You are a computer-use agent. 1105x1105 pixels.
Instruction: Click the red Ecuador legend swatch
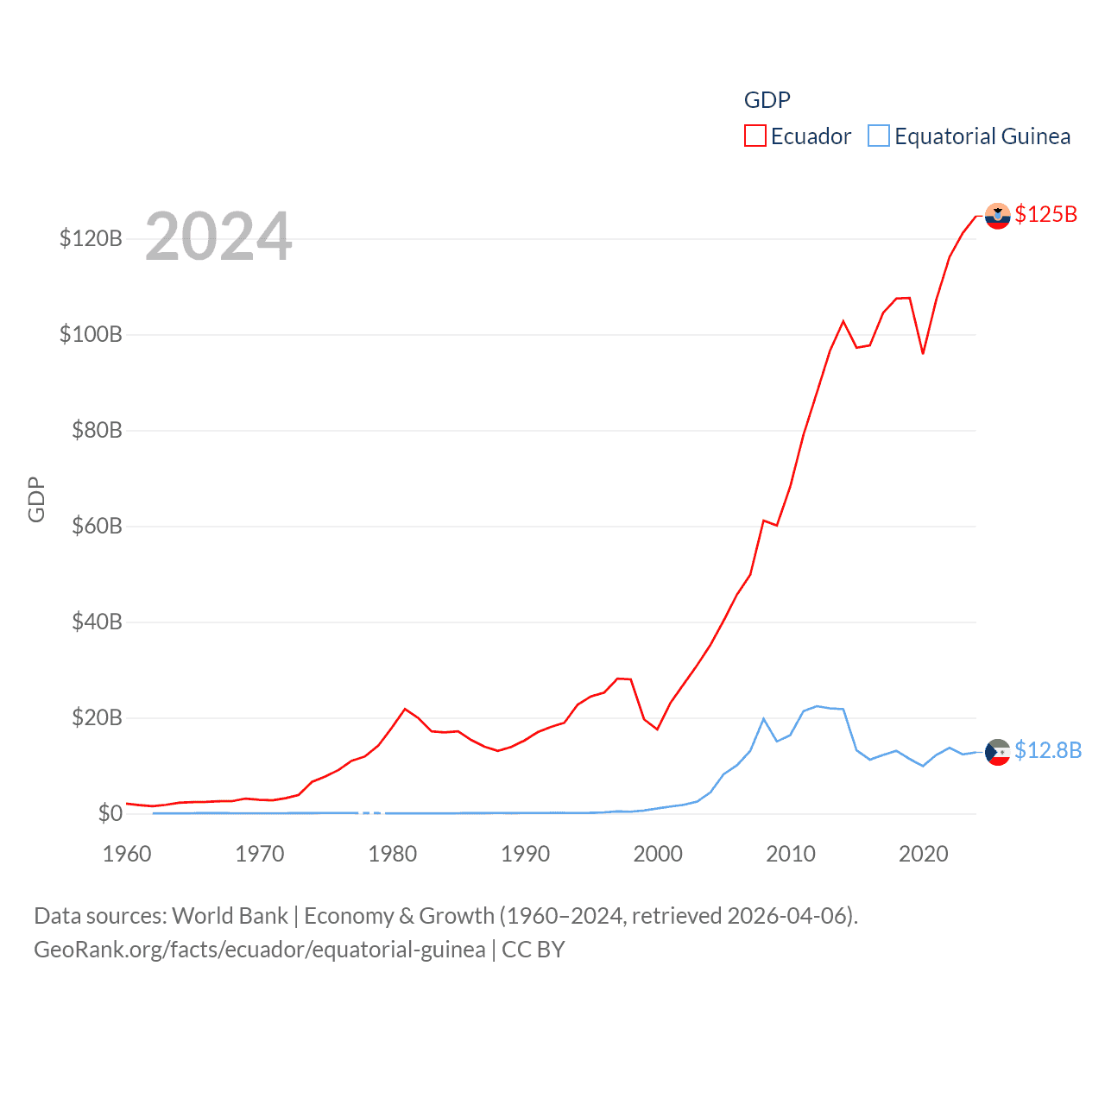click(x=755, y=136)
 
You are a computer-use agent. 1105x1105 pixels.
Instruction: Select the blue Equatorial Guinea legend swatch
click(x=878, y=136)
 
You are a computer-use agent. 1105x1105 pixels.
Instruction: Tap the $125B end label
click(x=1045, y=214)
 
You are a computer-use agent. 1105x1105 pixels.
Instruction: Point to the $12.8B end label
click(x=1047, y=750)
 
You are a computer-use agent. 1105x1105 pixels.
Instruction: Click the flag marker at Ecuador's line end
click(x=997, y=216)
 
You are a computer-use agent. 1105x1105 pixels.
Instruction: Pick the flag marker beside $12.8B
click(x=997, y=752)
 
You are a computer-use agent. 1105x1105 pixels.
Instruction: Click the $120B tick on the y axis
click(x=91, y=238)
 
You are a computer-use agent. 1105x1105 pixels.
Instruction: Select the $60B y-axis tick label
click(x=97, y=526)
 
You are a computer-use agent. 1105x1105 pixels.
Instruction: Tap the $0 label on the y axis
click(x=110, y=813)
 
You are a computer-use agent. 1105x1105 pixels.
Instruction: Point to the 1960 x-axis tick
click(x=127, y=854)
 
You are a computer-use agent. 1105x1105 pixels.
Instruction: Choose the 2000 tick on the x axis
click(x=658, y=854)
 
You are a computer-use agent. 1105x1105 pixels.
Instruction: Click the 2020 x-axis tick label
click(x=923, y=854)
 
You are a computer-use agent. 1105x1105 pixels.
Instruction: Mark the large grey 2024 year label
click(x=218, y=237)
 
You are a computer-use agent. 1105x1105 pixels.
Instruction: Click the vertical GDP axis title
click(x=36, y=499)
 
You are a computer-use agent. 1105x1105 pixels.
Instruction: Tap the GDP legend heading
click(x=767, y=100)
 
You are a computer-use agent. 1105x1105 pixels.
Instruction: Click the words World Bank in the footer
click(x=230, y=915)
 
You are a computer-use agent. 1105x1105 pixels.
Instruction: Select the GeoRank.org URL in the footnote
click(x=259, y=950)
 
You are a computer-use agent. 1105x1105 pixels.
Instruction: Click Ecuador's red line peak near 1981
click(x=405, y=709)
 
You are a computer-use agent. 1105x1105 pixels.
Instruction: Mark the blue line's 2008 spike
click(x=763, y=718)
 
